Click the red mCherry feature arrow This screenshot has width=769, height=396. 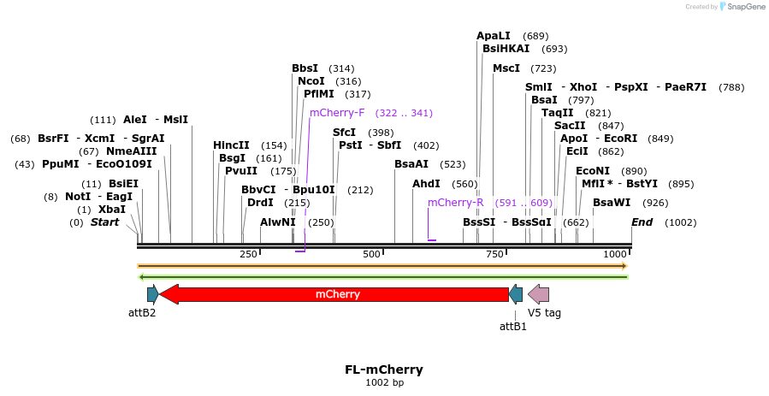(337, 294)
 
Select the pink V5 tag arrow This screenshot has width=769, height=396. (539, 294)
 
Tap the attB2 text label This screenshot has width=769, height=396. (142, 313)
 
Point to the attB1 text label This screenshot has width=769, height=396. (513, 326)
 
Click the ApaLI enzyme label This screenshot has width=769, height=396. (494, 36)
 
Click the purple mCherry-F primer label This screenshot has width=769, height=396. (337, 113)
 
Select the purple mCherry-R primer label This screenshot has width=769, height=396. (456, 203)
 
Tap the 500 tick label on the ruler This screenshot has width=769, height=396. (371, 255)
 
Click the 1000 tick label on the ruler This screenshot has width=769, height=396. (615, 255)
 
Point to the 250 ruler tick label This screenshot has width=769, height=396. (248, 255)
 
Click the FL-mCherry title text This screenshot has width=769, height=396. (384, 369)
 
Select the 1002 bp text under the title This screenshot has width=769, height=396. (384, 382)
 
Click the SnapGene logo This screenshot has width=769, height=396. (743, 7)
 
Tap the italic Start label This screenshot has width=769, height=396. (105, 222)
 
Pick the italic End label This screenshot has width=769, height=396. (642, 222)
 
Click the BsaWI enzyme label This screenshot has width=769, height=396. (612, 203)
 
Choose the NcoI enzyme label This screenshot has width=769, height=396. (311, 81)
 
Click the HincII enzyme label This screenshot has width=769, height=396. (231, 145)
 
